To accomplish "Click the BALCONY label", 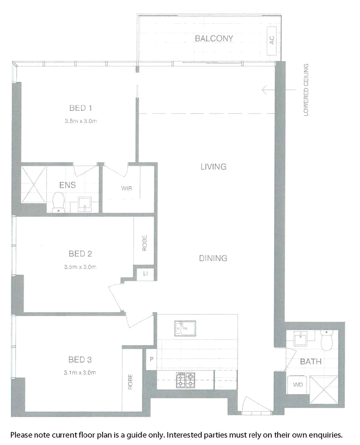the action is tap(214, 38).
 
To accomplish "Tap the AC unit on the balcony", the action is tap(271, 41).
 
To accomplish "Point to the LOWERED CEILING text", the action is tap(306, 90).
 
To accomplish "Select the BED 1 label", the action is tap(81, 108).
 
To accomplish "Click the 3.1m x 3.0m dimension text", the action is tap(80, 372).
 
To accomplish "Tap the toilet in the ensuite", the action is tap(58, 202).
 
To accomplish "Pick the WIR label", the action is tap(126, 188).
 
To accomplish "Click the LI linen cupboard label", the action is tap(145, 273).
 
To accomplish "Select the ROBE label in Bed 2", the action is tap(144, 243).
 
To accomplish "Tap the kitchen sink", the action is tap(185, 329).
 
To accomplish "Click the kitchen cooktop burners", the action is tap(185, 380).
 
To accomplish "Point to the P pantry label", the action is tap(151, 359).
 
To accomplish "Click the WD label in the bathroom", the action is tap(297, 385).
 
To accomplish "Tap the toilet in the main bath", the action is tap(327, 340).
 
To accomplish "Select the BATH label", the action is tap(310, 362).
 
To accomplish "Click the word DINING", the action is tap(213, 258).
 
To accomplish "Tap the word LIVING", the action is tap(213, 167).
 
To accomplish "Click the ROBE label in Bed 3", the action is tap(130, 381).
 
